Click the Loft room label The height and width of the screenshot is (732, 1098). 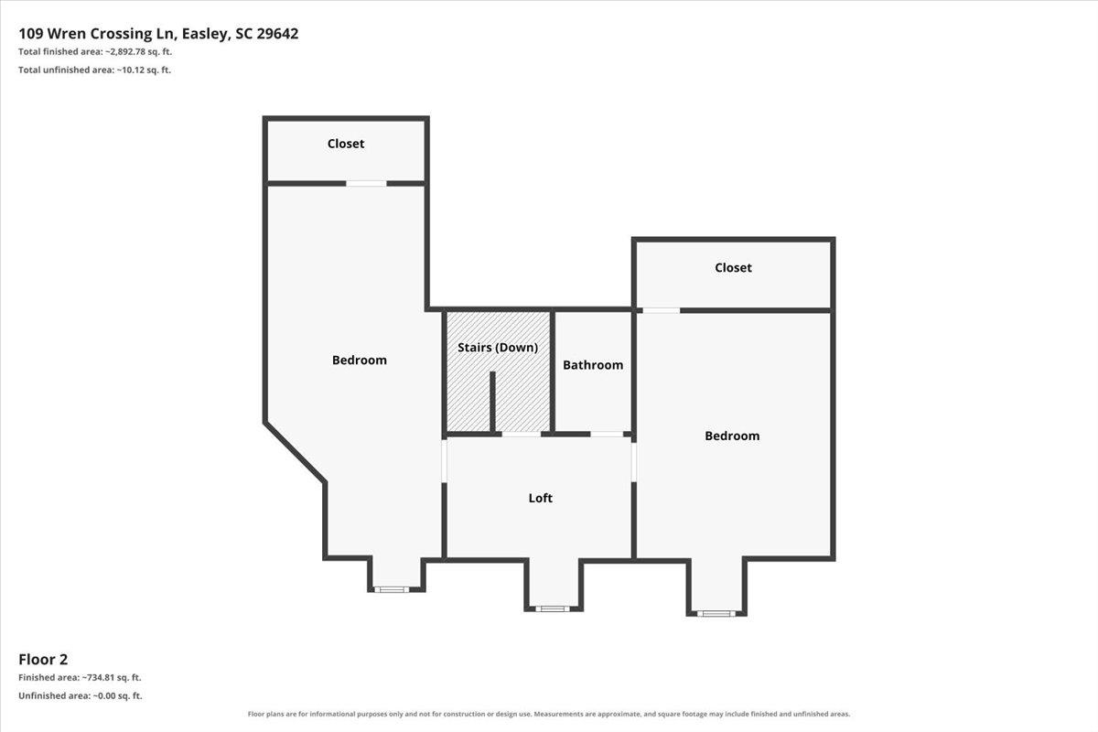pos(540,498)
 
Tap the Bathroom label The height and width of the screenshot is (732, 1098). pos(593,365)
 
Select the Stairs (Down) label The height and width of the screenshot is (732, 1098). pos(498,348)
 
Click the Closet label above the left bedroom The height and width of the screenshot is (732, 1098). pos(346,144)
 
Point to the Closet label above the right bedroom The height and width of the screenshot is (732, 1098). pos(733,268)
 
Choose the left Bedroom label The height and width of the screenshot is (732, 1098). pos(360,361)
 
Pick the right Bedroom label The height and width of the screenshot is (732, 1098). pos(732,436)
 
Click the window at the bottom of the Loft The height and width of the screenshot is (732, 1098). pos(553,609)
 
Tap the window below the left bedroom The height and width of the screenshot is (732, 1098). pos(392,589)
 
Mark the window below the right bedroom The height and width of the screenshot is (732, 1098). pos(716,613)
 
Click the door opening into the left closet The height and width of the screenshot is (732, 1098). pos(366,183)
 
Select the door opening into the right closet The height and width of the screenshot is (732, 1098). pos(662,310)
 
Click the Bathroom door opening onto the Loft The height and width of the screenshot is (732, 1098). pos(607,434)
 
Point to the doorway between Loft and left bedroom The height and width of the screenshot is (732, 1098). pos(445,461)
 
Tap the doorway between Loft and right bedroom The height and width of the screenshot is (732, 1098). pos(633,462)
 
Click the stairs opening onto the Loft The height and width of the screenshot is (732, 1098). pos(522,434)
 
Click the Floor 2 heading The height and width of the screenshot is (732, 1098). pos(43,660)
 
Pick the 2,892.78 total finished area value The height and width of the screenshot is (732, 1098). pos(125,51)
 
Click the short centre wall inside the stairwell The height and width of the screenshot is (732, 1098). pos(492,403)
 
